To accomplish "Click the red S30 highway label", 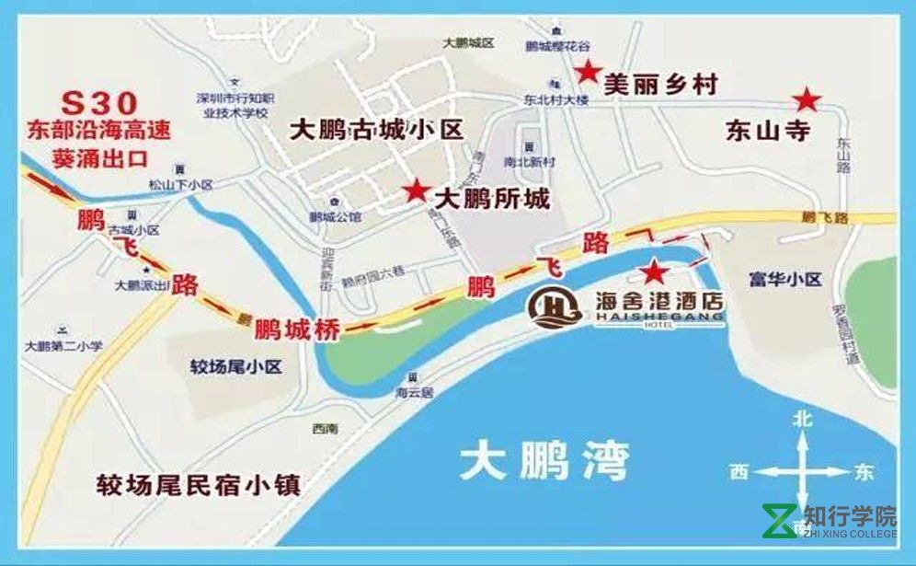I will pos(97,101).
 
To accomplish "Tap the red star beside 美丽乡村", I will pos(587,71).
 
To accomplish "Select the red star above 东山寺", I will pos(807,98).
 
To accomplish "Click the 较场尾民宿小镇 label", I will pos(200,484).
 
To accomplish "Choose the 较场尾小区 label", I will pos(235,367).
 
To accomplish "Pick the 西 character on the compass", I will pos(739,472).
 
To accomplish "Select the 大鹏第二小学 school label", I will pos(63,347).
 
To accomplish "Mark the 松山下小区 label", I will pos(181,185).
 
